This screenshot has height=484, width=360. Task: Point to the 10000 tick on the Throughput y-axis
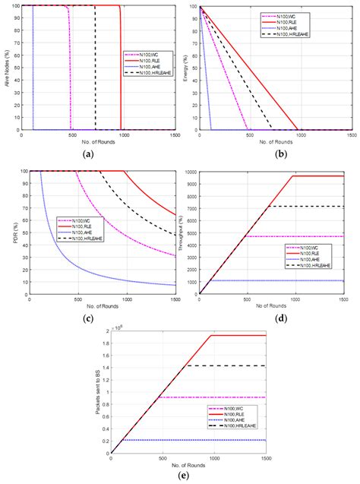pyautogui.click(x=190, y=171)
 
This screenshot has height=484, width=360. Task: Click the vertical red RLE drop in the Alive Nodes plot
pyautogui.click(x=121, y=68)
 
